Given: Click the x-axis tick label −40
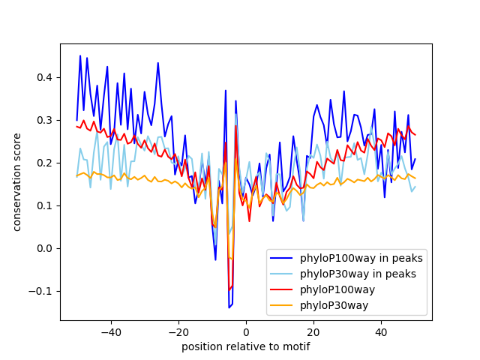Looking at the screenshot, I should coord(110,331).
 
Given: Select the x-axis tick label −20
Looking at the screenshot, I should coord(178,331).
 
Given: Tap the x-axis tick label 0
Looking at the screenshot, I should coord(246,331).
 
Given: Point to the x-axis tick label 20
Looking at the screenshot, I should coord(313,331).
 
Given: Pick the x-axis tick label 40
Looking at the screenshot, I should coord(381,331).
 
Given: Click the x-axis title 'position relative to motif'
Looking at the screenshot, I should coord(246,346).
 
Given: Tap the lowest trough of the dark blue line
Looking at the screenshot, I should coord(229,307).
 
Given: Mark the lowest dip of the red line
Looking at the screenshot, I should coord(229,290).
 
